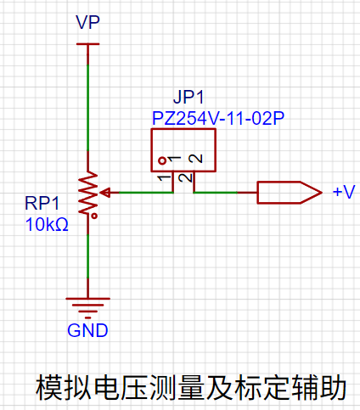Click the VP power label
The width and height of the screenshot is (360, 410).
tap(87, 22)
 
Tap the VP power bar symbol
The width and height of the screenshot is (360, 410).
tap(87, 44)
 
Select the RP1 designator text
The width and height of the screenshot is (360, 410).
tap(42, 203)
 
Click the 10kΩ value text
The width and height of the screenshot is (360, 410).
tap(47, 225)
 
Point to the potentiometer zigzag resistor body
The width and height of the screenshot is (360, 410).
tap(88, 193)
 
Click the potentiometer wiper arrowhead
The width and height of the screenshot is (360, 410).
tap(105, 193)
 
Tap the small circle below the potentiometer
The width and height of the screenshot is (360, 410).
tap(94, 216)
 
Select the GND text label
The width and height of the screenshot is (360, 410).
tap(87, 330)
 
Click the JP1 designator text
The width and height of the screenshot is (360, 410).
tap(188, 97)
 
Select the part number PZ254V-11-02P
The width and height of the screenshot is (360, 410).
tap(218, 118)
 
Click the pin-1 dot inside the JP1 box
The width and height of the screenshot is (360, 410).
tap(162, 160)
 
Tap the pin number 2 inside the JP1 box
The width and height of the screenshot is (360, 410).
tap(196, 158)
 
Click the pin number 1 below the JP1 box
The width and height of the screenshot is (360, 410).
tap(165, 178)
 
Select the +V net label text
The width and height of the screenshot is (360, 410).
tap(344, 192)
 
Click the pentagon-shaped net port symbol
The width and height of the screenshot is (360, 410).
tap(290, 193)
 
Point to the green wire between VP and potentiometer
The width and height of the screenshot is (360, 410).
tap(88, 108)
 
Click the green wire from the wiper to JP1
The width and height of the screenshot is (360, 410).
tap(146, 193)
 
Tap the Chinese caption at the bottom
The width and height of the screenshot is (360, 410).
tap(191, 388)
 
